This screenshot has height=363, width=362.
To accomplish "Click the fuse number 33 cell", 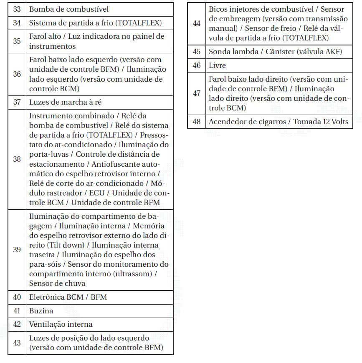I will [x=17, y=9].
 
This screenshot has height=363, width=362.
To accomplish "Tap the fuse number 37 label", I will [x=17, y=102].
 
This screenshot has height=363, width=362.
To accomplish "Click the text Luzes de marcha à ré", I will [x=65, y=102].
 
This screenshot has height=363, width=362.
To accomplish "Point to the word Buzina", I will [x=41, y=311].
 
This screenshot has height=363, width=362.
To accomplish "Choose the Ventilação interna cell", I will [x=61, y=324].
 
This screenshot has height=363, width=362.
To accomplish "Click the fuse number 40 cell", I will [x=17, y=297].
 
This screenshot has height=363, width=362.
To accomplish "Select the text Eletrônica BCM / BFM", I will [x=68, y=297].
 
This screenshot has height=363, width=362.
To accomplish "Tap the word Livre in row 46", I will [x=217, y=65].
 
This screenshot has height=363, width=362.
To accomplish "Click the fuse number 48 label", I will [x=197, y=122].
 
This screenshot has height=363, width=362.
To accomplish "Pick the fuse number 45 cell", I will [x=197, y=52].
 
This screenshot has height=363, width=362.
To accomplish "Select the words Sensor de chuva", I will [x=57, y=283].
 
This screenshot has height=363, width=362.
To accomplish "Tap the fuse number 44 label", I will [x=197, y=23].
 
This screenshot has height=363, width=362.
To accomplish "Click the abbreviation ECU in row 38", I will [x=97, y=193].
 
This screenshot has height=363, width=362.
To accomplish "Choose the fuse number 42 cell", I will [x=17, y=324].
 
